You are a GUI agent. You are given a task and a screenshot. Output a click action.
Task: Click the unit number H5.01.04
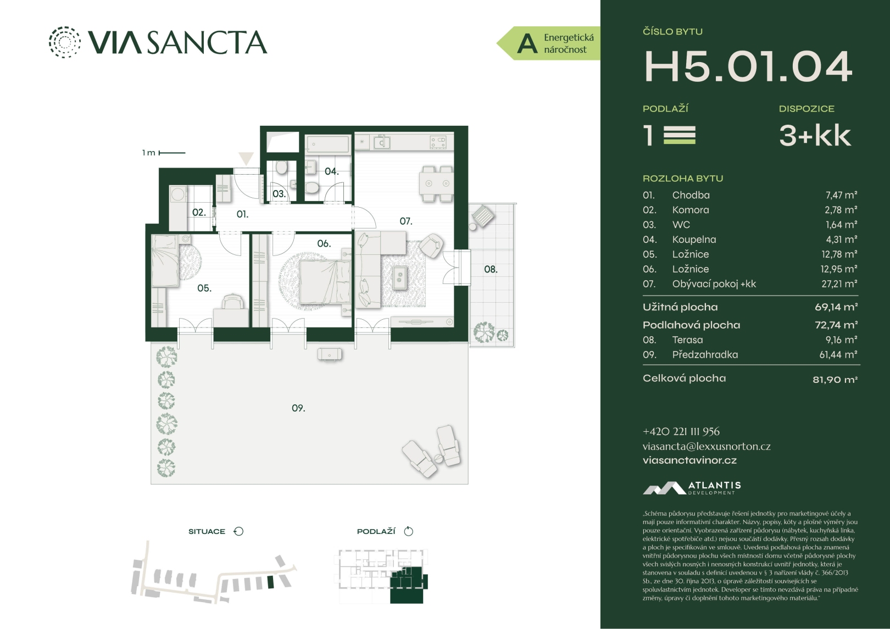tap(748, 67)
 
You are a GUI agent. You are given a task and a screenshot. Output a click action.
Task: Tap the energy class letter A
tap(527, 44)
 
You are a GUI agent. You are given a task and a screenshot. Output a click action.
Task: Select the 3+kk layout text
tap(815, 136)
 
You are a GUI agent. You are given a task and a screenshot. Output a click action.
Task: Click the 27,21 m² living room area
tap(839, 283)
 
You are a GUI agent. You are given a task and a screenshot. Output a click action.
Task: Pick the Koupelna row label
tap(694, 240)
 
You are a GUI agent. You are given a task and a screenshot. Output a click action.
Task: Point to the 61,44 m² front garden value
tap(838, 354)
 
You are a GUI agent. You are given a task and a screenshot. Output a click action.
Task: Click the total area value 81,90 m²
tap(835, 380)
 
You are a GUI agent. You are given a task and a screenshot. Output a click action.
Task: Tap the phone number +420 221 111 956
tap(681, 432)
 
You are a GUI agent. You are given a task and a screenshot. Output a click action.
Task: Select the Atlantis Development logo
tap(692, 488)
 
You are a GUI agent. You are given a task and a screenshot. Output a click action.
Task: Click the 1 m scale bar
tap(172, 153)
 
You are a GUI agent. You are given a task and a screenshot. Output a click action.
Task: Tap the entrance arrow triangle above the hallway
tap(246, 159)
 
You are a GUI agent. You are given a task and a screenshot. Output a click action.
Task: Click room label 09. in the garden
tap(298, 408)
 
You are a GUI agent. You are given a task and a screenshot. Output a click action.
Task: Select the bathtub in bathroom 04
tap(327, 144)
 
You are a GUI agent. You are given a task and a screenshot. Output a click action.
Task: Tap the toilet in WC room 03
tap(282, 168)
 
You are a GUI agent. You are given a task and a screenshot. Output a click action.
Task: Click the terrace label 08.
tap(491, 269)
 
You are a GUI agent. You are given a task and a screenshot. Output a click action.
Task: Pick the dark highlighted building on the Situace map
tap(271, 582)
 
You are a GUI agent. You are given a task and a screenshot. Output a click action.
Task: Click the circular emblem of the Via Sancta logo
tap(64, 42)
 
